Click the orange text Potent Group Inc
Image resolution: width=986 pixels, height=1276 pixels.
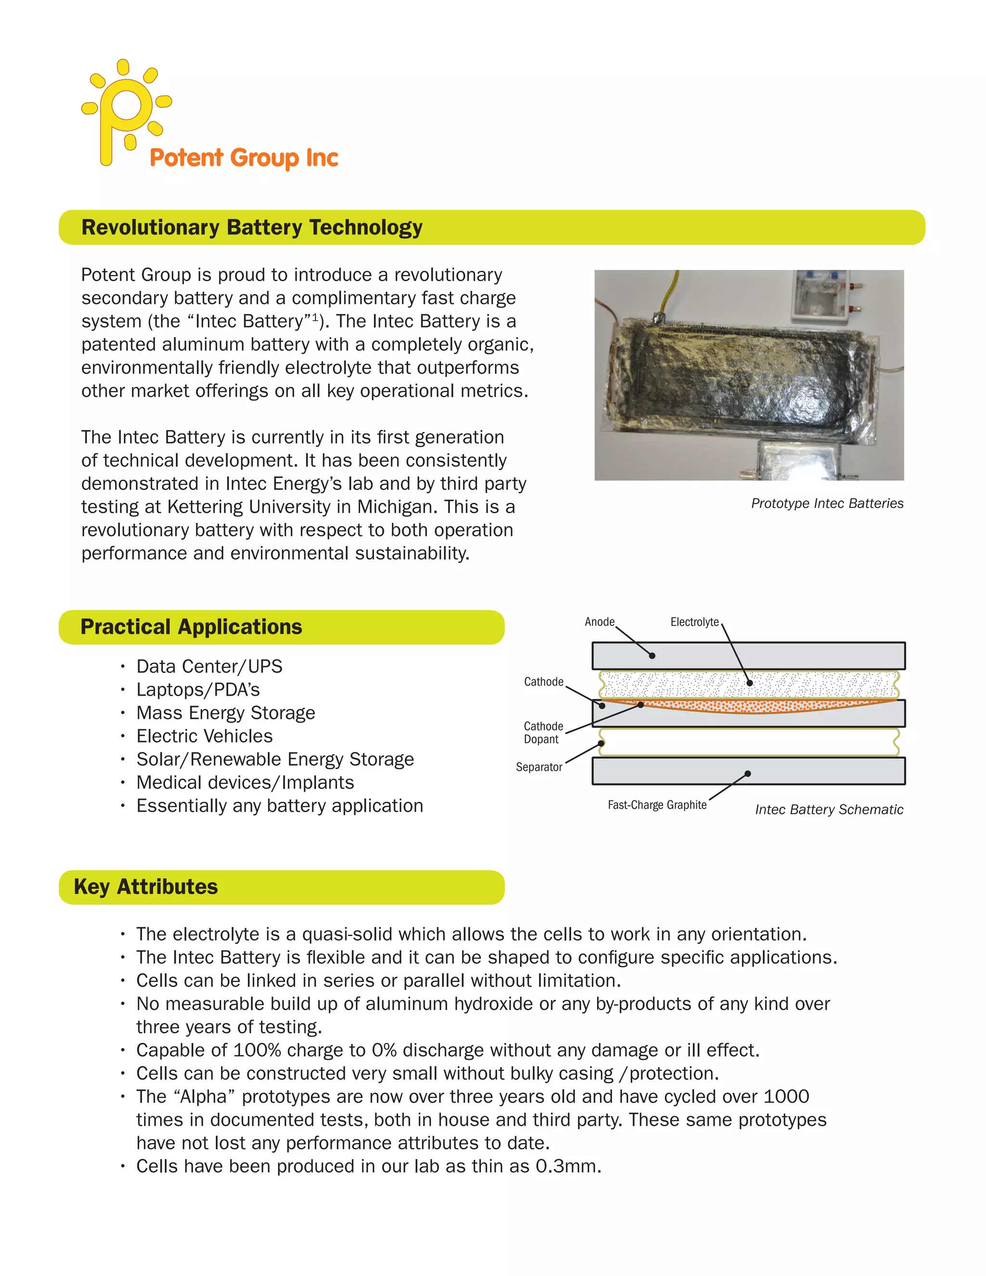coord(244,158)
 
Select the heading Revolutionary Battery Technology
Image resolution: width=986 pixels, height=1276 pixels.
coord(252,227)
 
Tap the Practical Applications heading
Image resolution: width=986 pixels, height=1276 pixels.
coord(191,627)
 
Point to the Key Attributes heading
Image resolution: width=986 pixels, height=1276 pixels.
coord(145,887)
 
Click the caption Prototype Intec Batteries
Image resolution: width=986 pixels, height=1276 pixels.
coord(827,504)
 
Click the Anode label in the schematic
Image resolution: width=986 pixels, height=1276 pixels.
coord(599,622)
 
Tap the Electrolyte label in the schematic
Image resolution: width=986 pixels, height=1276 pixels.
coord(694,622)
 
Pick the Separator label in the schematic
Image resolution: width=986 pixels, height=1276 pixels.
coord(539,767)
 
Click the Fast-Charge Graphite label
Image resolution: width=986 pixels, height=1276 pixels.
coord(657,805)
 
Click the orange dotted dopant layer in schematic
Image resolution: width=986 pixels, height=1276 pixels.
coord(759,707)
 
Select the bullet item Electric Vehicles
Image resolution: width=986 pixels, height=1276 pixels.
coord(205,736)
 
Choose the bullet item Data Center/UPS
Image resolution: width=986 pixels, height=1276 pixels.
coord(209,666)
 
